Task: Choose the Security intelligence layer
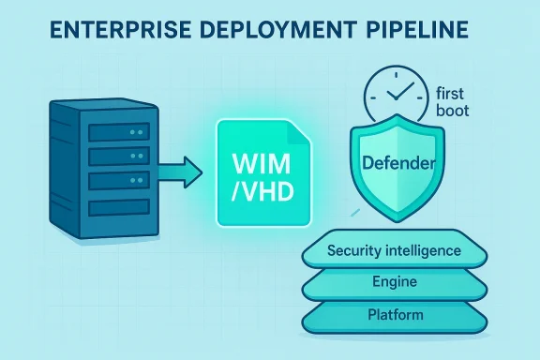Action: [x=394, y=250]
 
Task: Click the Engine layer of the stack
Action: [x=394, y=281]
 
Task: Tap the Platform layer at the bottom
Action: [x=394, y=314]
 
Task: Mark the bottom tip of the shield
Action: [x=394, y=225]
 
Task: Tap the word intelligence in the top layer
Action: [x=422, y=250]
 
